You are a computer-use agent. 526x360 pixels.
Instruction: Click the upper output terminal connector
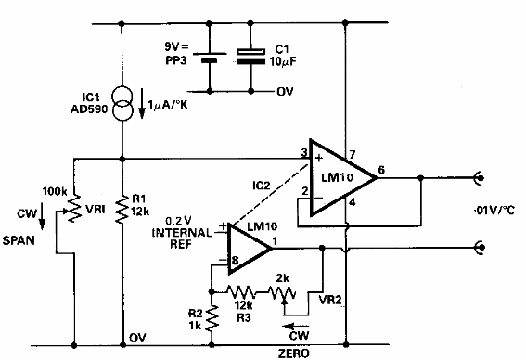point(481,176)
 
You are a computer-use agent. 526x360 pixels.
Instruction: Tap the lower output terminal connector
point(481,248)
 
